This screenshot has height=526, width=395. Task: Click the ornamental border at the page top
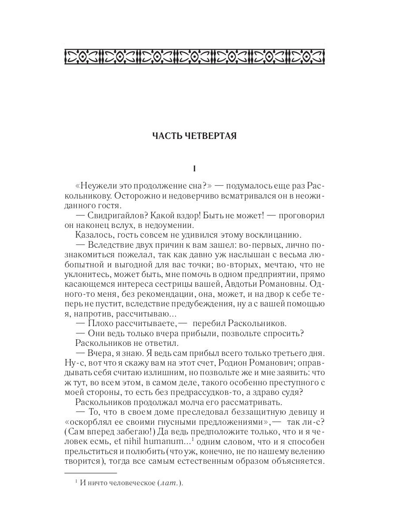194,56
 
